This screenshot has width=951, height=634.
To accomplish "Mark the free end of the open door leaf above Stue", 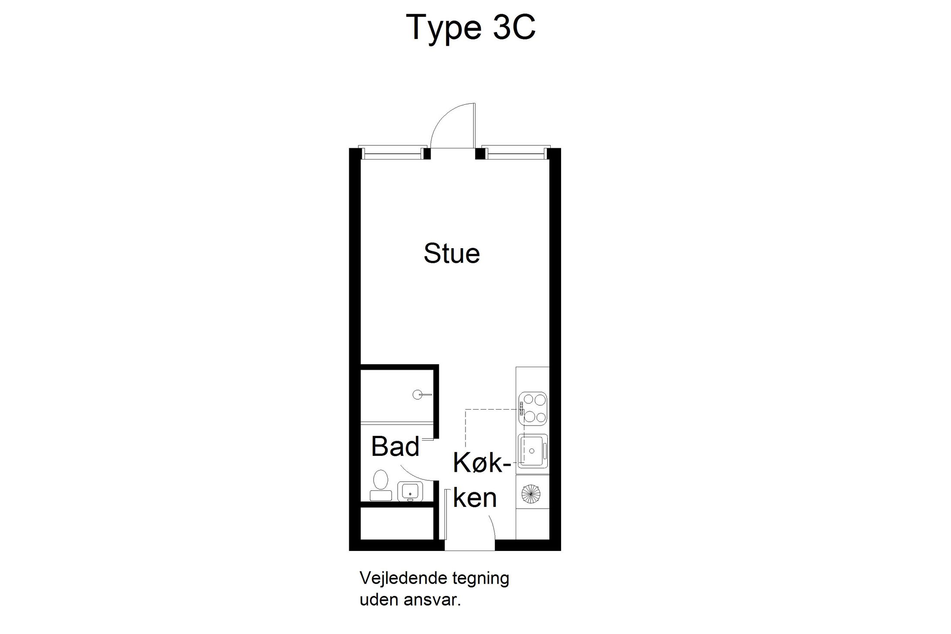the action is [x=475, y=103].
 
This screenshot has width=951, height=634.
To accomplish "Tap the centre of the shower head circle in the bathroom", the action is [x=417, y=394].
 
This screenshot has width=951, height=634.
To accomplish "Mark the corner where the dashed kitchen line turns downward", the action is [x=465, y=409].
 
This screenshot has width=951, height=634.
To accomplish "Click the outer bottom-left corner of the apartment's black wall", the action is [x=349, y=551].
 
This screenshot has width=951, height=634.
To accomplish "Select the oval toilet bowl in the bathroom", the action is [x=380, y=480].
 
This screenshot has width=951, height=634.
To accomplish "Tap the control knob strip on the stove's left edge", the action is [x=522, y=409].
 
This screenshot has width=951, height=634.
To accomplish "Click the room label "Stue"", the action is [x=452, y=253].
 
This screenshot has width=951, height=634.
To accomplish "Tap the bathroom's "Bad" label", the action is [x=395, y=446].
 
